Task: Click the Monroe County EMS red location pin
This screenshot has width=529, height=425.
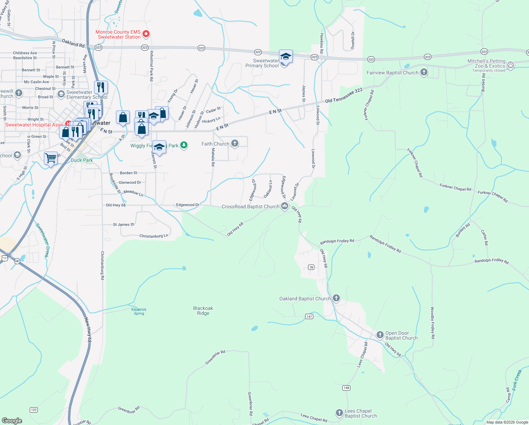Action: click(146, 34)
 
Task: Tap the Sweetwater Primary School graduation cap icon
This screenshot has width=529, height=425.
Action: click(286, 57)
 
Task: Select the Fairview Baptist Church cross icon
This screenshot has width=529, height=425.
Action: click(424, 73)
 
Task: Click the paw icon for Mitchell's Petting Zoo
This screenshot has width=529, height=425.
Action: click(510, 65)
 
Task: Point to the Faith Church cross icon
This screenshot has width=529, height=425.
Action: click(234, 143)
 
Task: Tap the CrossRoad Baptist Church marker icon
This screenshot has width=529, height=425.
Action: click(284, 206)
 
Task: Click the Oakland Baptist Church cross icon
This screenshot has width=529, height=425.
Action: click(336, 298)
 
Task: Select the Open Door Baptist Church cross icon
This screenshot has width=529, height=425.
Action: click(380, 335)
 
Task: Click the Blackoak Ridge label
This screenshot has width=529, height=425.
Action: click(203, 311)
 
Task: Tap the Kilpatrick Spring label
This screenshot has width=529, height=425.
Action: click(139, 311)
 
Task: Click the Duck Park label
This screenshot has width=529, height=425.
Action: click(82, 160)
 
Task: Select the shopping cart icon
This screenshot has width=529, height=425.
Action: click(51, 158)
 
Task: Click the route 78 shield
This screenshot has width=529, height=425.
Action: click(311, 267)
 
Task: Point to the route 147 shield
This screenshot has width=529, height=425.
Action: click(309, 316)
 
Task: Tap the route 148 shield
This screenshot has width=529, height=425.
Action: click(346, 388)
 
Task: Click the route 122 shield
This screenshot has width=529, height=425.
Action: click(34, 410)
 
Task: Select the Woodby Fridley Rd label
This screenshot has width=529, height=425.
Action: click(432, 323)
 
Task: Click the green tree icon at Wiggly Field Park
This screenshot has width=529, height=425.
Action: click(184, 145)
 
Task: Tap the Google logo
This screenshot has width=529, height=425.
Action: click(12, 421)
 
